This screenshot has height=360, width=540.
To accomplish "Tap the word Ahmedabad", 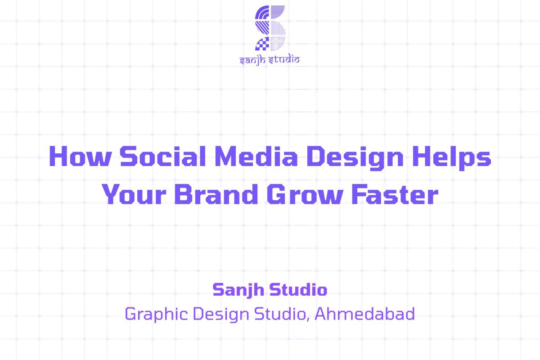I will coord(364,314).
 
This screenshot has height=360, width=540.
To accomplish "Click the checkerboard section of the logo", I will coord(262,44).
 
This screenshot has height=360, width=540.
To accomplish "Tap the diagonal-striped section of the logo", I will coord(263,28).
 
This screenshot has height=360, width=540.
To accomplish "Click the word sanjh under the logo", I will coord(253,59).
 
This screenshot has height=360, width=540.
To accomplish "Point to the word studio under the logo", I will coord(283,59).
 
